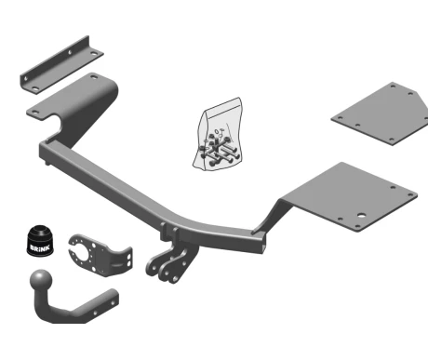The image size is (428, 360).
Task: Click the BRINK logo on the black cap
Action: point(39,247)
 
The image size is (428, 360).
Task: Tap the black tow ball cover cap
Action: point(40,241)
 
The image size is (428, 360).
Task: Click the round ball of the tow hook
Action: point(41,280)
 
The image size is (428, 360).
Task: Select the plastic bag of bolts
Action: point(218,134)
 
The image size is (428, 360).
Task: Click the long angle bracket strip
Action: point(61,65)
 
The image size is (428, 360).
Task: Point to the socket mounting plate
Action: point(100,255)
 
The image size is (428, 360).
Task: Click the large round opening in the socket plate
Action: point(82,252)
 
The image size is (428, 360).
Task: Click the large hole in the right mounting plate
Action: point(361,216)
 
